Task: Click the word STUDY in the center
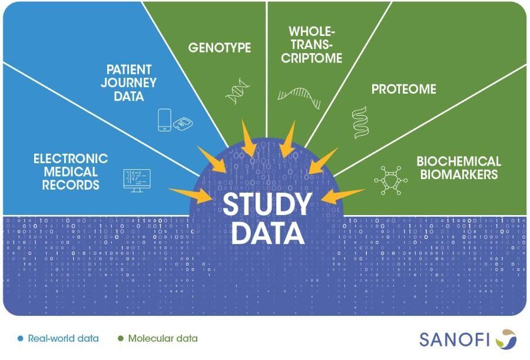click(x=266, y=204)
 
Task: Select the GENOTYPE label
click(x=220, y=48)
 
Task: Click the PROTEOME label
click(x=403, y=90)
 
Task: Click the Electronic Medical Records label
click(x=71, y=171)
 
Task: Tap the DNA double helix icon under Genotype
click(x=237, y=93)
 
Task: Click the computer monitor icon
click(x=137, y=180)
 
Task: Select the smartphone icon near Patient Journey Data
click(x=164, y=120)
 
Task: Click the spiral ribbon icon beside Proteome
click(x=359, y=123)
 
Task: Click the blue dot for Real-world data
click(x=21, y=339)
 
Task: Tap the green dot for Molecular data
click(x=121, y=339)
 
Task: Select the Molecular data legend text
click(x=163, y=339)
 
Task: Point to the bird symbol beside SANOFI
click(x=505, y=339)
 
